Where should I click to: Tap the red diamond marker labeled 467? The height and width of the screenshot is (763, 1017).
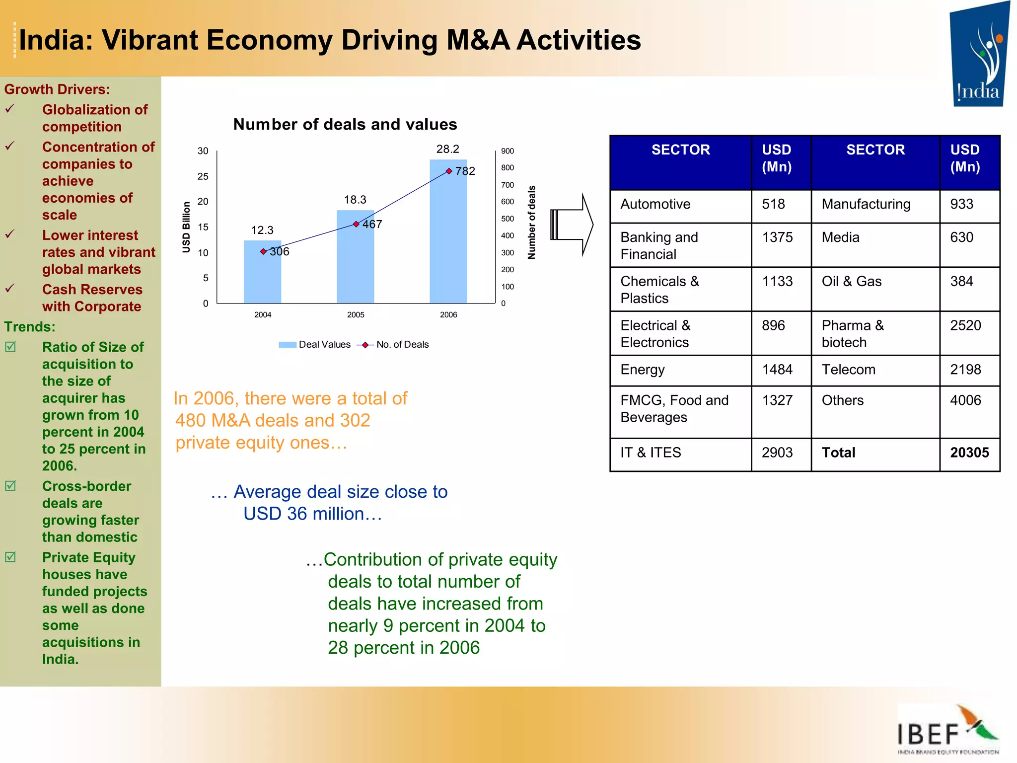click(x=356, y=224)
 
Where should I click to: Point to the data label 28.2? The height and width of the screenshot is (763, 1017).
click(x=447, y=149)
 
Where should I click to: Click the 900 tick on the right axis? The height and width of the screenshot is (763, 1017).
click(x=507, y=151)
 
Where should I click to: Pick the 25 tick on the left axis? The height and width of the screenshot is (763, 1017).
click(x=203, y=176)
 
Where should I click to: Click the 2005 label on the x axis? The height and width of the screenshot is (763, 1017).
click(x=356, y=315)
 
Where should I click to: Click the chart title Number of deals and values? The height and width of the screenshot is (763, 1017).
click(x=345, y=124)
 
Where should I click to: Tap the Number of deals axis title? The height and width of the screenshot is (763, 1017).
click(x=532, y=223)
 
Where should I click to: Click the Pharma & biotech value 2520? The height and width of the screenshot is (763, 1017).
click(x=965, y=326)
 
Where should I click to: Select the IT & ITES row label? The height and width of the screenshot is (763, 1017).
click(x=651, y=453)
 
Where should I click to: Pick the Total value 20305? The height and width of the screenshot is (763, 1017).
click(x=969, y=453)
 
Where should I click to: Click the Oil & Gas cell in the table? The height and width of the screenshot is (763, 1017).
click(x=851, y=282)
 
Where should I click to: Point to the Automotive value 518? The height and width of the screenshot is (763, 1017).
click(x=773, y=204)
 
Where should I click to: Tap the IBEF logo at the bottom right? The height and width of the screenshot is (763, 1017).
click(x=947, y=730)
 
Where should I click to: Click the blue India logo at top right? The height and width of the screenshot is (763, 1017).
click(x=978, y=55)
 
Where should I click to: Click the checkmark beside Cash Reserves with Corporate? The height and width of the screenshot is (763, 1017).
click(x=10, y=289)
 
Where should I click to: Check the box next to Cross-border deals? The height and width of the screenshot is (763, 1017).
click(x=10, y=486)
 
